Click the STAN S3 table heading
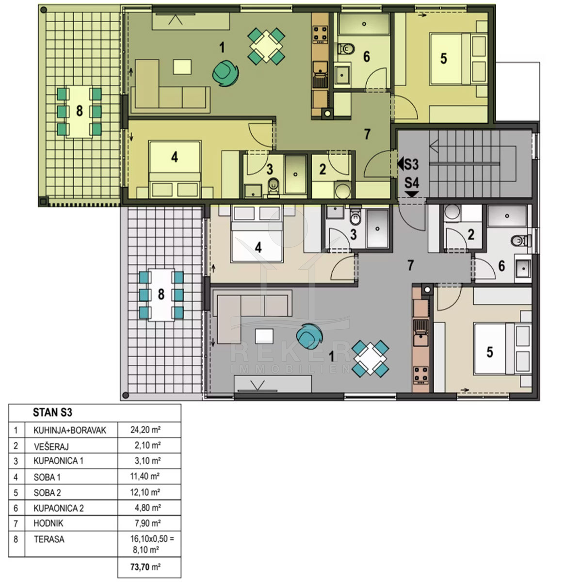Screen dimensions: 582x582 (x=52, y=413)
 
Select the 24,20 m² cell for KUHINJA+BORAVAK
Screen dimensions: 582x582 (x=145, y=430)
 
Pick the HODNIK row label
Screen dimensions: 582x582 (x=48, y=523)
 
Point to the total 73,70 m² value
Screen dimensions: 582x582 (x=145, y=567)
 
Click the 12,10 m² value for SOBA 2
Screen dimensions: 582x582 (x=145, y=492)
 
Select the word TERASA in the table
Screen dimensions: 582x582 (x=49, y=539)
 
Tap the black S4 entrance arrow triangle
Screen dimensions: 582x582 (x=412, y=194)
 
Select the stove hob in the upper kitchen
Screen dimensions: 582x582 (x=321, y=34)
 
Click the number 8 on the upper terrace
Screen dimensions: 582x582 (x=80, y=111)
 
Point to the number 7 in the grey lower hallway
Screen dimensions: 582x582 (x=410, y=265)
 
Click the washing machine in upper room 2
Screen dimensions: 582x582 (x=342, y=189)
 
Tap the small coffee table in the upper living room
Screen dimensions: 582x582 (x=182, y=67)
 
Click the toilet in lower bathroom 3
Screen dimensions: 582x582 (x=355, y=216)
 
